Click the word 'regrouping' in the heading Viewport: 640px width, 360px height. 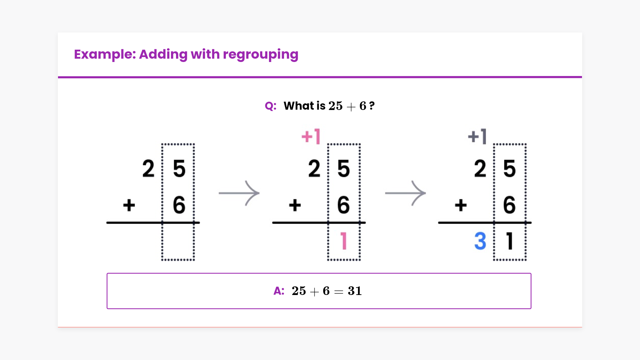coord(260,55)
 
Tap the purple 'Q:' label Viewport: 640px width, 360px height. coord(270,106)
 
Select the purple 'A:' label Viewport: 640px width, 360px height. coord(279,291)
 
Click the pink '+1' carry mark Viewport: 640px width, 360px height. coord(311,136)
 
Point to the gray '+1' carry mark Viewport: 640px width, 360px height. coord(477,136)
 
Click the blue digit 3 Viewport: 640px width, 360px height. coord(480,241)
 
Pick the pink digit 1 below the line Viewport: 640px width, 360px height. coord(344,241)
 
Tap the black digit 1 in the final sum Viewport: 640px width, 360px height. coord(509,241)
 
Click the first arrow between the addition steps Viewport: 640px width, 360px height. coord(239,193)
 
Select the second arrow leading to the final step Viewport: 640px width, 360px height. coord(405,193)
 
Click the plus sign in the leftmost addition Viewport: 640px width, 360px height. coord(129,205)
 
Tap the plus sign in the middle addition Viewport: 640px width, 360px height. coord(295,205)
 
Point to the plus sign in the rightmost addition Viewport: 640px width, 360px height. coord(461,205)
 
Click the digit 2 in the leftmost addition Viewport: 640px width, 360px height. coord(148,168)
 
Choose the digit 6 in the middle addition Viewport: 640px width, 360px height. coord(344,205)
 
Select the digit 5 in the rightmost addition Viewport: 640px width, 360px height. coord(509,168)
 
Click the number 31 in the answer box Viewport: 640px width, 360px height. coord(355,291)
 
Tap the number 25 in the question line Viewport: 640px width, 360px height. coord(335,106)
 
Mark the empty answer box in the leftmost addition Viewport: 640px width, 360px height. coord(178,241)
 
